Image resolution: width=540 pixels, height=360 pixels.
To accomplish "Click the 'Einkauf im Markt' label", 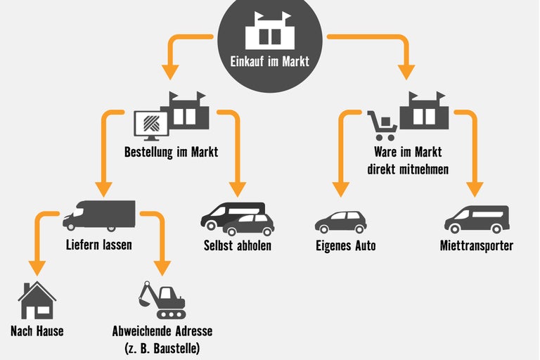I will pyautogui.click(x=269, y=61).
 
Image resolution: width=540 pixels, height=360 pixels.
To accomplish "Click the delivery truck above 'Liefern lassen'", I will pyautogui.click(x=98, y=216).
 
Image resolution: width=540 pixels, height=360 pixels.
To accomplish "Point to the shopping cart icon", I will pyautogui.click(x=382, y=125).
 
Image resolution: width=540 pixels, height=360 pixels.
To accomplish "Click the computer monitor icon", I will pyautogui.click(x=150, y=124).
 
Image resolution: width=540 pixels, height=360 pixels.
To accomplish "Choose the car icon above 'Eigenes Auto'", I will pyautogui.click(x=340, y=221).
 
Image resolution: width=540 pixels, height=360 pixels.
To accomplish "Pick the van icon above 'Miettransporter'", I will pyautogui.click(x=476, y=219).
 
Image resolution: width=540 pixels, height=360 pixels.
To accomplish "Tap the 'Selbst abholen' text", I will pyautogui.click(x=238, y=246).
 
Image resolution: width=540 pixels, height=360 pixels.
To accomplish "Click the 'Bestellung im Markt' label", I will pyautogui.click(x=171, y=151).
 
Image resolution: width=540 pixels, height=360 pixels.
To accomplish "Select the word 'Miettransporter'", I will pyautogui.click(x=476, y=246).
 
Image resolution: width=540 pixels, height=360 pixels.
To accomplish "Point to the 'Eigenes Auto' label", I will pyautogui.click(x=345, y=246).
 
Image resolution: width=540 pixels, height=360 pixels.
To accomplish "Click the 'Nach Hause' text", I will pyautogui.click(x=37, y=330).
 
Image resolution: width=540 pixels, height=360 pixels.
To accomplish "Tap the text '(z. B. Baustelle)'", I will pyautogui.click(x=162, y=347).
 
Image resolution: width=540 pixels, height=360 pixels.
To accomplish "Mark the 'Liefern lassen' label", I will pyautogui.click(x=99, y=246).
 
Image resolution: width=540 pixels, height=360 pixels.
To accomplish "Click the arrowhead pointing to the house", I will pyautogui.click(x=37, y=268).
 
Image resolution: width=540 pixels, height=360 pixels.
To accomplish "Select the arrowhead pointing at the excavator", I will pyautogui.click(x=162, y=268).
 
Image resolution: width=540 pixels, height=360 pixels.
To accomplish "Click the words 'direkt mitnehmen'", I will pyautogui.click(x=408, y=169).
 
